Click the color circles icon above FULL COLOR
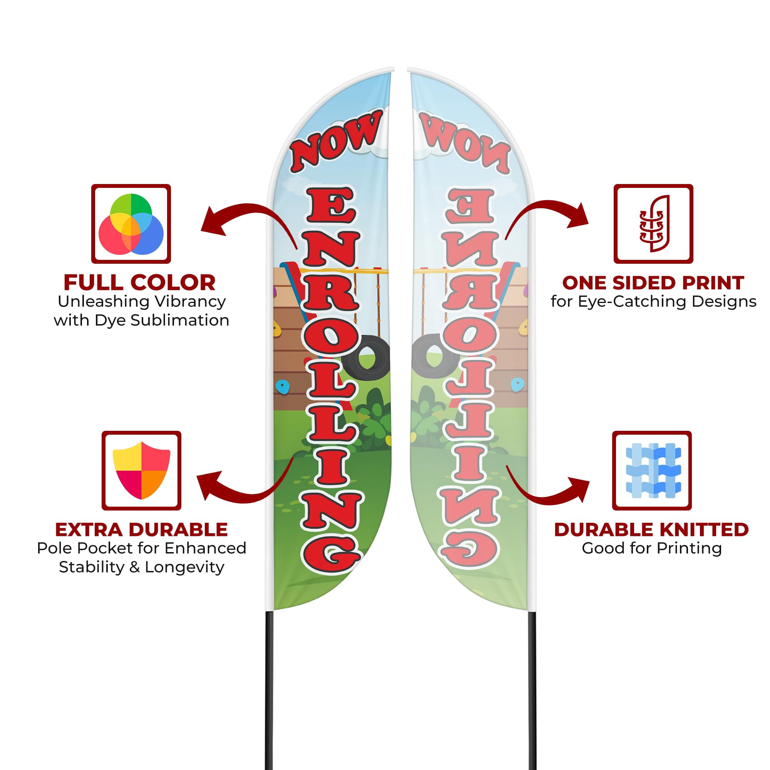[131, 224]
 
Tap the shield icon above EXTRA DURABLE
[141, 470]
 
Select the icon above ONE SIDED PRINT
[654, 224]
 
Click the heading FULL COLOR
[139, 283]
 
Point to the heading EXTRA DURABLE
[141, 530]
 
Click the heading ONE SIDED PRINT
[653, 283]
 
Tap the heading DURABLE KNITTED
[652, 530]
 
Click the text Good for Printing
[652, 548]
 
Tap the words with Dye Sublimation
[141, 320]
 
